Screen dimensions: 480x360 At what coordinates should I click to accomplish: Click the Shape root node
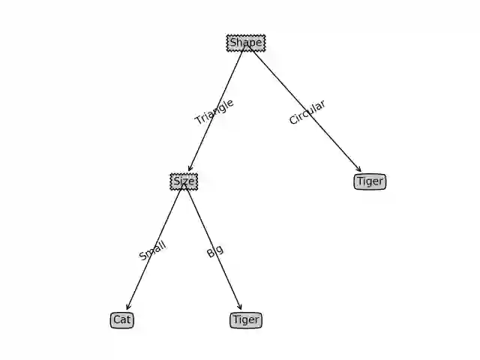point(245,43)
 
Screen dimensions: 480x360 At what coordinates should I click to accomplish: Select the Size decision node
point(184,181)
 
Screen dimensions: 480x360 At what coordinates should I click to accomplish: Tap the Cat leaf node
point(122,320)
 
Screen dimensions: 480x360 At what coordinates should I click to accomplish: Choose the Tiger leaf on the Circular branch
point(370,181)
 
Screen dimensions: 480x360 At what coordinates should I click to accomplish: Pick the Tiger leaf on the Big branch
point(246,320)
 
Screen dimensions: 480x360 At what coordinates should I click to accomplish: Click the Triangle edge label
point(214,112)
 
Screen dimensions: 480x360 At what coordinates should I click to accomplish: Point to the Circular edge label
point(307,112)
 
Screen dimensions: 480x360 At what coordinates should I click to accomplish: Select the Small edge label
point(152,250)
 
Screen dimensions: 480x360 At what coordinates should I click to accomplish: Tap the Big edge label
point(215,250)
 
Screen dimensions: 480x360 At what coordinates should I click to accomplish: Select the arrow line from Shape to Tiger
point(322,127)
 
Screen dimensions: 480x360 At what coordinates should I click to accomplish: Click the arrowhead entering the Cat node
point(127,307)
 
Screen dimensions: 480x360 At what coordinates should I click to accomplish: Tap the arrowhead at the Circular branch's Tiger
point(359,170)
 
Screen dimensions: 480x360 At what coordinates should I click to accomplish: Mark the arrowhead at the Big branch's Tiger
point(240,307)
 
